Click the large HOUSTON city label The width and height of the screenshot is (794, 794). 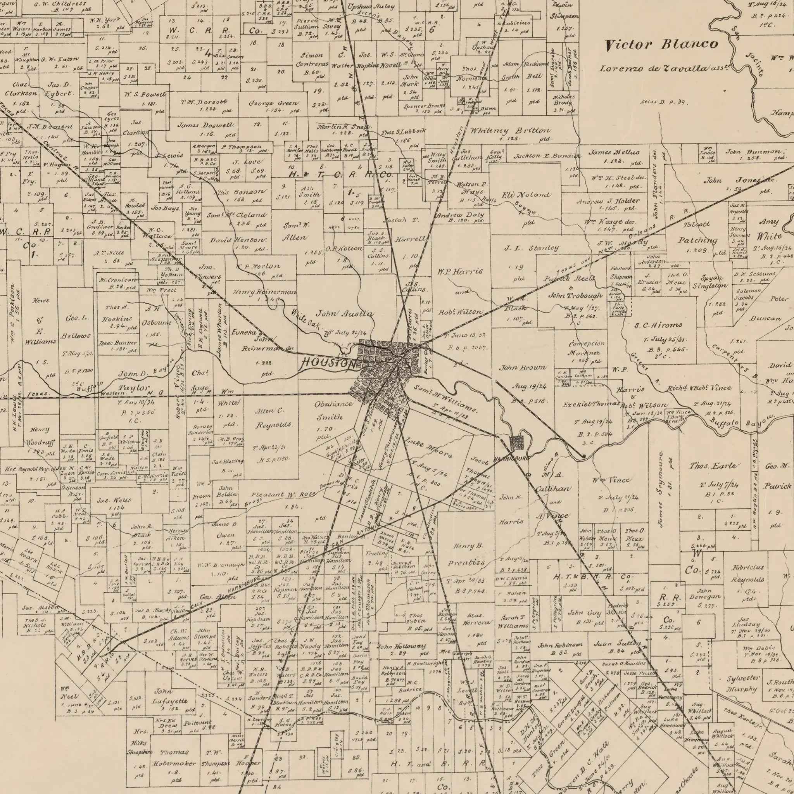tap(329, 363)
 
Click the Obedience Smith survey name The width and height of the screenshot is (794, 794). tap(333, 410)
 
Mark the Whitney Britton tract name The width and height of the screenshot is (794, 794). tap(509, 130)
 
